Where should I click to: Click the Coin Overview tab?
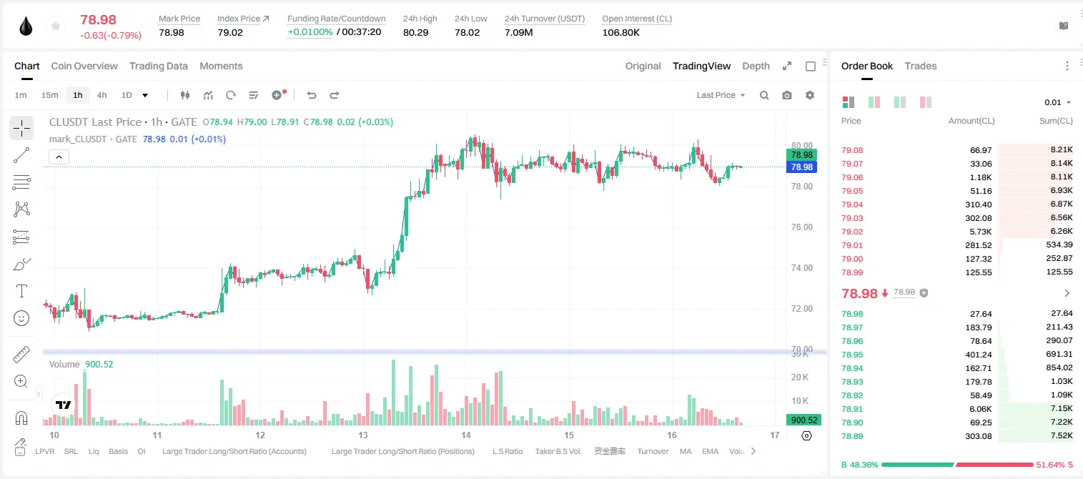click(x=84, y=66)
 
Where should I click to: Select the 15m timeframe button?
click(x=50, y=95)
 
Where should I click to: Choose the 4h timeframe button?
click(x=102, y=95)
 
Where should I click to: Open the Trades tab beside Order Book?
click(x=921, y=66)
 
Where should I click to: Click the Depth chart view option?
click(x=756, y=66)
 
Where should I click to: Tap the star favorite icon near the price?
click(x=56, y=26)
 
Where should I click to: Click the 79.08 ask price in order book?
click(x=852, y=150)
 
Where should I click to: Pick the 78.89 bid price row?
click(x=852, y=437)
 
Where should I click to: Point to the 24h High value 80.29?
click(x=416, y=32)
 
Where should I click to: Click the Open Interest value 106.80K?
click(x=620, y=32)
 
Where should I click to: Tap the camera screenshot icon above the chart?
click(x=787, y=95)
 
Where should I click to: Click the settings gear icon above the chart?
click(x=810, y=95)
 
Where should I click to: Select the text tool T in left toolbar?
click(x=21, y=291)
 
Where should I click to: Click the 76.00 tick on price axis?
click(x=801, y=227)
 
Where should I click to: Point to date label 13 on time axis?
click(x=363, y=435)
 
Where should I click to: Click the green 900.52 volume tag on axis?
click(x=803, y=420)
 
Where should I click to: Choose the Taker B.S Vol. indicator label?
click(x=558, y=451)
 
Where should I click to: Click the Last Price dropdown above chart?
click(x=721, y=95)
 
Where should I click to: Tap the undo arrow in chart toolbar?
click(x=312, y=95)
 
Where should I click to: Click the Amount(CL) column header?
click(x=971, y=121)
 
